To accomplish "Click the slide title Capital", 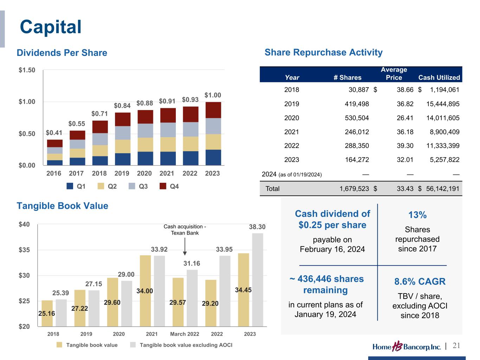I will pos(51,27).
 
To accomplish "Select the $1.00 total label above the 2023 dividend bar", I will pos(213,95).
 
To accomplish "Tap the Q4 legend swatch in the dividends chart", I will pos(163,186).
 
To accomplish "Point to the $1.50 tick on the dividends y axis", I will pos(27,70).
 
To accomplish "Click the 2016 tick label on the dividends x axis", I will pos(54,173).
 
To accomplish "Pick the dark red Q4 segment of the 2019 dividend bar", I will pos(123,120).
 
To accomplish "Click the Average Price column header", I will pos(394,73).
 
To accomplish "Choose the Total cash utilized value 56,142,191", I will pos(443,189).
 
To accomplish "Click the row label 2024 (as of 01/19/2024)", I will pos(292,174).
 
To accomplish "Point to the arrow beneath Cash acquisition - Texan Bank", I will pos(185,248).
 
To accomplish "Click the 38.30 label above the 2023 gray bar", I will pos(257,227).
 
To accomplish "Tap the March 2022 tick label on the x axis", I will pos(185,334).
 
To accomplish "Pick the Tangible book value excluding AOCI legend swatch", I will pos(133,345).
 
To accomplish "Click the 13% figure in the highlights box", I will pos(417,215).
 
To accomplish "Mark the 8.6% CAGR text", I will pos(420,282).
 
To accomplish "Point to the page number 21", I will pos(456,346).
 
